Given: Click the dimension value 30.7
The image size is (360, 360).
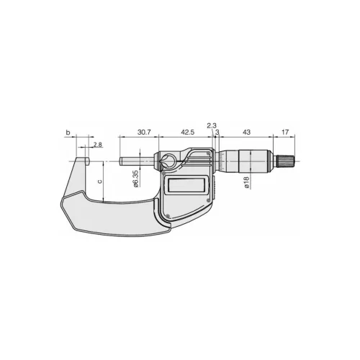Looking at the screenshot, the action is [x=144, y=132].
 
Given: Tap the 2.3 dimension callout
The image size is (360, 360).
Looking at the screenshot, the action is [x=212, y=125].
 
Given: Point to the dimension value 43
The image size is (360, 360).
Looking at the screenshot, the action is [x=247, y=132].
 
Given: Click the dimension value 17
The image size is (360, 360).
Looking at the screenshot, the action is [x=285, y=132].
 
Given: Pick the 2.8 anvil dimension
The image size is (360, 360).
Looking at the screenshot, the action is [x=98, y=145].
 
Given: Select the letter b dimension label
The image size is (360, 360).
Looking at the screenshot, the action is [x=68, y=132].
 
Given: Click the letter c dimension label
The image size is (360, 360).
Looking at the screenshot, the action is [x=100, y=181].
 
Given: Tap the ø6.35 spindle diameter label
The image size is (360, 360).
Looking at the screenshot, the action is [x=135, y=179].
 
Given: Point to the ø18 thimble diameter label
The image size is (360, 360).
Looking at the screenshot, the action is [x=246, y=182].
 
